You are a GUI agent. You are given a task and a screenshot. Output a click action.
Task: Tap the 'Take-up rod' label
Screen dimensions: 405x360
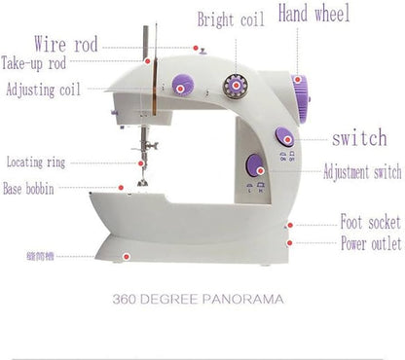(x=33, y=64)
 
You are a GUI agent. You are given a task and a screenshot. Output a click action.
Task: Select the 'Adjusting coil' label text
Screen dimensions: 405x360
(x=44, y=90)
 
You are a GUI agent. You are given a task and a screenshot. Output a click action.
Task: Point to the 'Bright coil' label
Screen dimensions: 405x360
(x=231, y=19)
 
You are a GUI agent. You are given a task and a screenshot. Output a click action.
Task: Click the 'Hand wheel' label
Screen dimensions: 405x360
(x=314, y=14)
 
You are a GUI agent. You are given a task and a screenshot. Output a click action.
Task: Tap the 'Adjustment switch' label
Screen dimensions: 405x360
(x=361, y=172)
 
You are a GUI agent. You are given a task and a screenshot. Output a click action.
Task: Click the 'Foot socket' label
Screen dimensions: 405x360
(x=369, y=223)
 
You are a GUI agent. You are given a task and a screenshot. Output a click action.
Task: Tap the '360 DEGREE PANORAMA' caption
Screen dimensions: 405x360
(x=198, y=299)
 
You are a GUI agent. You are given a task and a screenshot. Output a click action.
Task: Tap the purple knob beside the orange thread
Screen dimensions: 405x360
(x=181, y=86)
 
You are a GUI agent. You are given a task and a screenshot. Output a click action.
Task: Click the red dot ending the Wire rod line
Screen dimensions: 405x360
(x=195, y=46)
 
